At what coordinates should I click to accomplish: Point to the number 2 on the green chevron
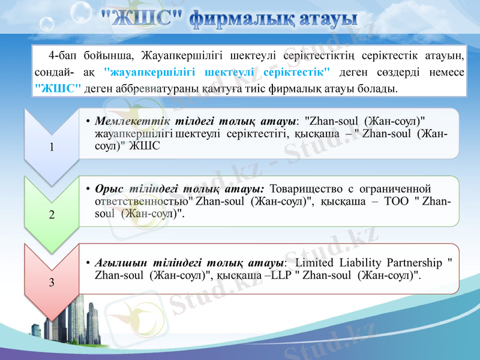coord(51,215)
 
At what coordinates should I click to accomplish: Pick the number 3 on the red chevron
coord(51,282)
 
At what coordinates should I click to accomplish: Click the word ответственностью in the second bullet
coord(145,202)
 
